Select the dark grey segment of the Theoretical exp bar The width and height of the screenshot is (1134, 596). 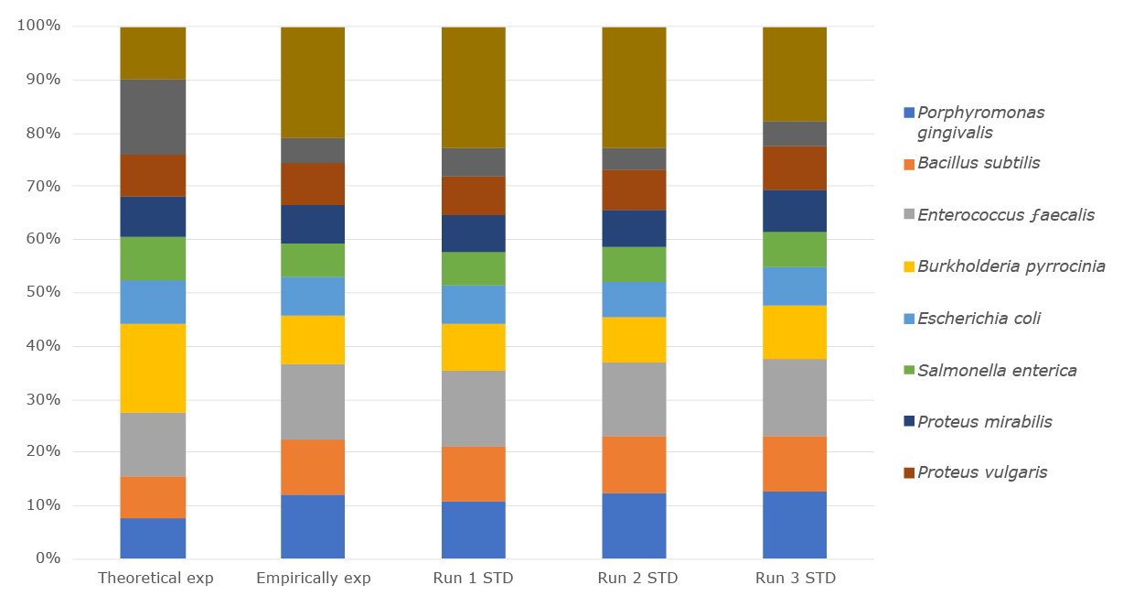point(153,116)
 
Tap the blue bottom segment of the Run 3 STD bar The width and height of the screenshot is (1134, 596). point(794,525)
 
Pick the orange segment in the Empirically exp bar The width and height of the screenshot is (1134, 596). point(313,467)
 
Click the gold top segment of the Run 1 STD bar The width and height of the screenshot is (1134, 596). point(473,87)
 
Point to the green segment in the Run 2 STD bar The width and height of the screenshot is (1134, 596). point(634,264)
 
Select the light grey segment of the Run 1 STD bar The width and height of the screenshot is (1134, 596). point(473,408)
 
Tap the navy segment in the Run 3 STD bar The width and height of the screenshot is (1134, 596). point(794,211)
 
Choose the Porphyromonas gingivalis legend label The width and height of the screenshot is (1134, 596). point(980,122)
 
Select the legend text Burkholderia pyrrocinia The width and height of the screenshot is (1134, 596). point(1011,266)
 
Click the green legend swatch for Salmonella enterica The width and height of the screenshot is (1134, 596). point(909,371)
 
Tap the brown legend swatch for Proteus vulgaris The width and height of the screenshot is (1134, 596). point(909,472)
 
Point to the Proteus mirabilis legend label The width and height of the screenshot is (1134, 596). point(984,422)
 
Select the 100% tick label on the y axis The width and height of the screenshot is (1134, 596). point(38,27)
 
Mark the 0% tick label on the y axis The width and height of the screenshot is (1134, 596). point(46,558)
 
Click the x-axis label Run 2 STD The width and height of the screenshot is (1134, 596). point(634,579)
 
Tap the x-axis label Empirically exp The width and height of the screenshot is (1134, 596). point(313,579)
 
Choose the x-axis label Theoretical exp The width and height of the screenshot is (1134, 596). point(155,579)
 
